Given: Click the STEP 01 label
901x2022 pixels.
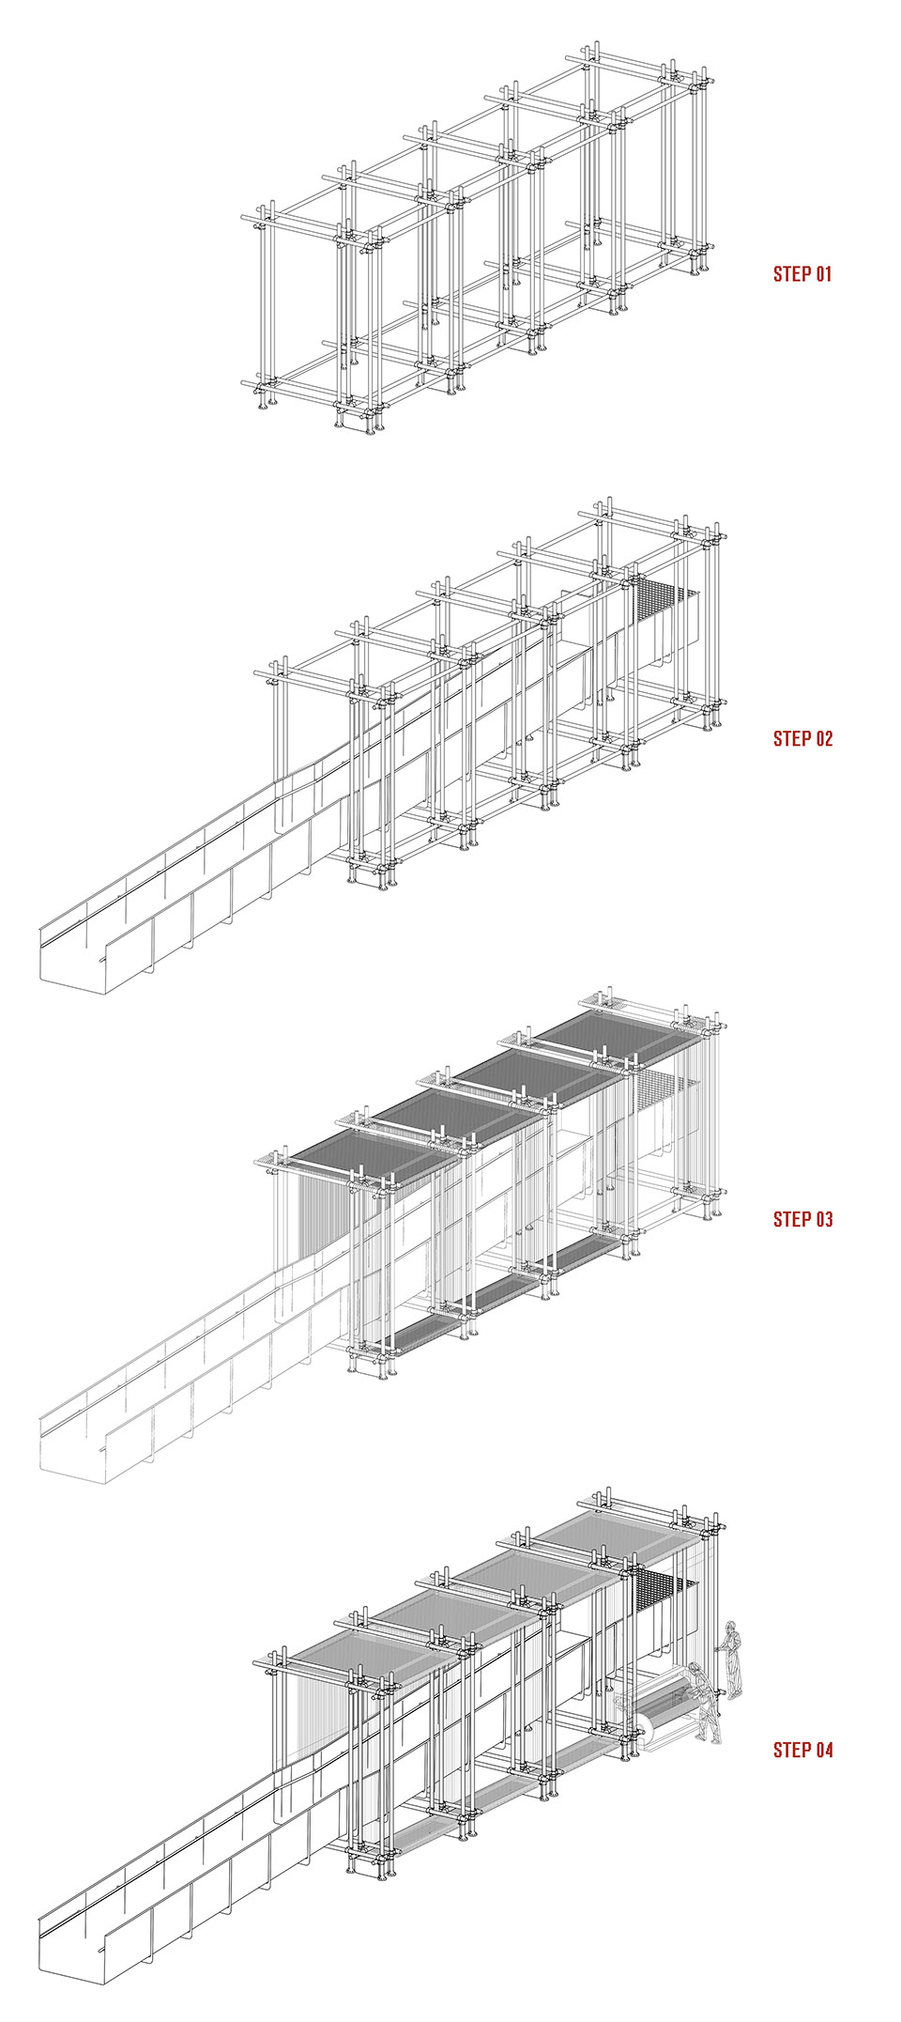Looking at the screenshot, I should click(x=802, y=274).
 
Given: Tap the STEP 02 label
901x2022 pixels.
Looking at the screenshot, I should click(x=802, y=739).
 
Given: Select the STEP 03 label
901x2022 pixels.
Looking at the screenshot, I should click(x=802, y=1220).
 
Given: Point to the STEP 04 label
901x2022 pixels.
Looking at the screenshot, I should click(x=802, y=1750).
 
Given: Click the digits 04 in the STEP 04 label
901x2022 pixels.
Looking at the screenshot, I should click(x=822, y=1750).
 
